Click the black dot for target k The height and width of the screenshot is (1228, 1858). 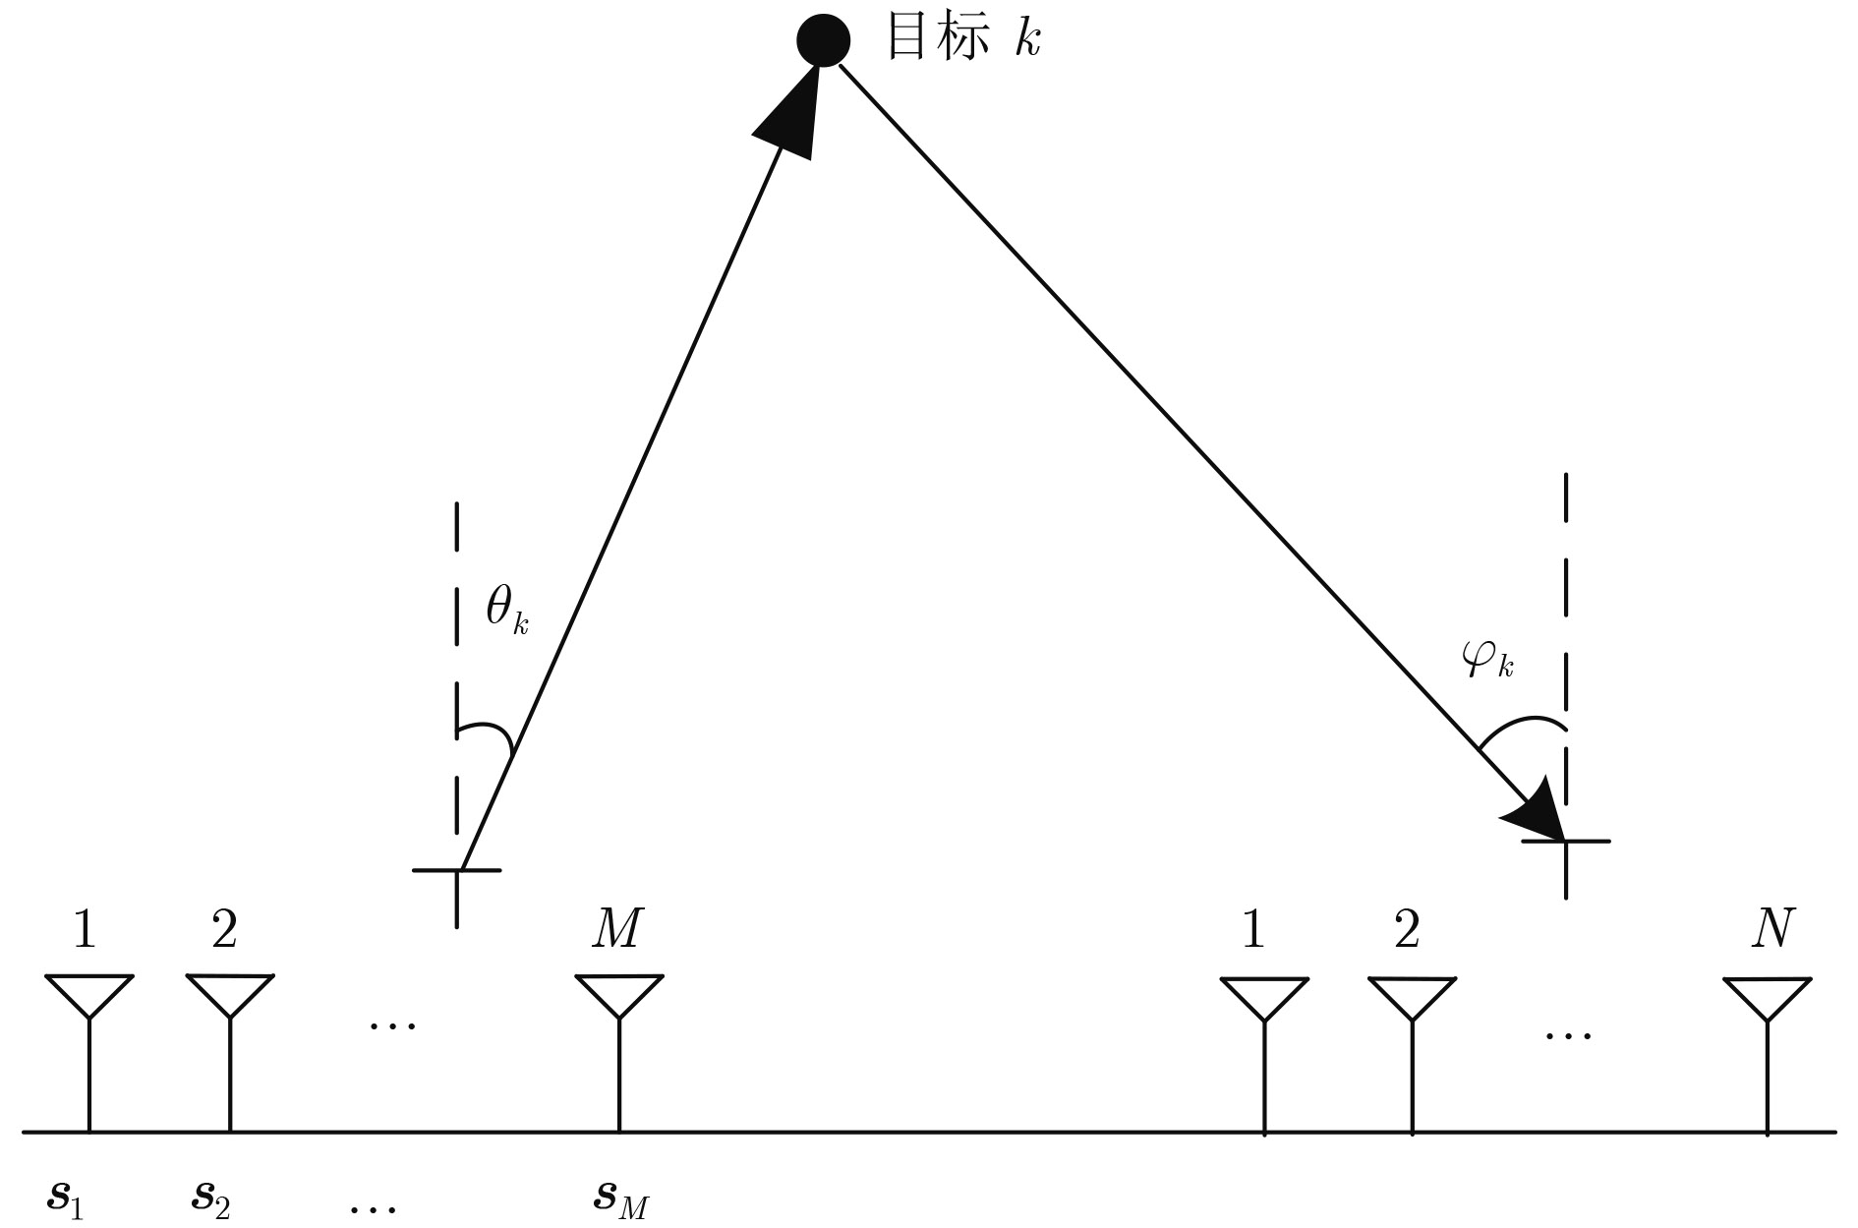[823, 39]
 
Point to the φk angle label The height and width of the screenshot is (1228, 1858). [1487, 661]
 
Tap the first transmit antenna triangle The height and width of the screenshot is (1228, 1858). [89, 996]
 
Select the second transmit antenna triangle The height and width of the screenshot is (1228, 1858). [229, 995]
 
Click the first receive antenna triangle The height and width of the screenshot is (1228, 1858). [1264, 999]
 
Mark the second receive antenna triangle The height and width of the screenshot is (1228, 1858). [1412, 999]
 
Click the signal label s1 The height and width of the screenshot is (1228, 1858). [66, 1198]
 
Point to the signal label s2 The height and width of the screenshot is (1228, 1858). [210, 1198]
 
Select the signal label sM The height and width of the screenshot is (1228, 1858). [621, 1198]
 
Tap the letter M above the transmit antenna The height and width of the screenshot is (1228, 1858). [617, 928]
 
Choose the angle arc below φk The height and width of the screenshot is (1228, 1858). [1521, 728]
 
